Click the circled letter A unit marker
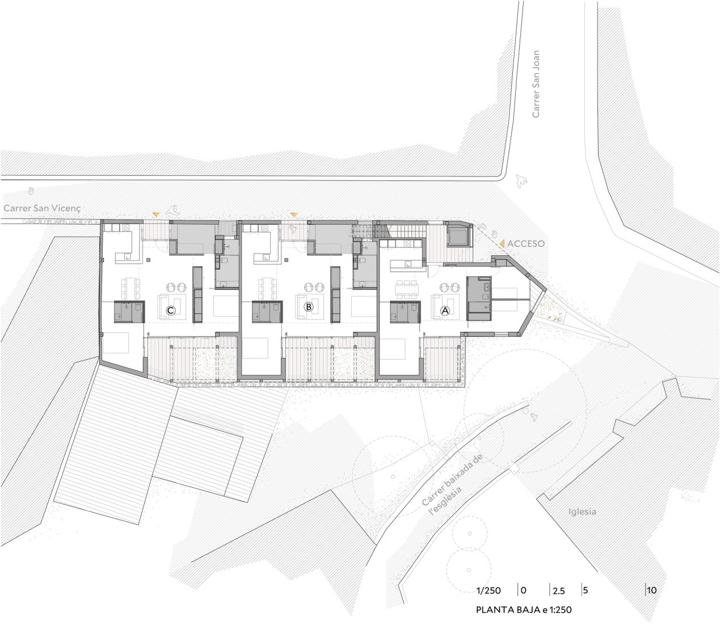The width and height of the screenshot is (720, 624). pyautogui.click(x=445, y=310)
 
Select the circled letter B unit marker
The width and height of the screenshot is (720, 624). pyautogui.click(x=308, y=307)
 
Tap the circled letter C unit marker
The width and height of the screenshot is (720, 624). pyautogui.click(x=170, y=310)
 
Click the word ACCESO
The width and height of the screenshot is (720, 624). pyautogui.click(x=525, y=243)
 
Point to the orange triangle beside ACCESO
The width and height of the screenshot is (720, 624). pyautogui.click(x=502, y=244)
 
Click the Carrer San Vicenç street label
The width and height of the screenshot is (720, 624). pyautogui.click(x=42, y=208)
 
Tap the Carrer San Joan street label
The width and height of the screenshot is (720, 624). pyautogui.click(x=536, y=84)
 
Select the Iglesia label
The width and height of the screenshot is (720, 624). pyautogui.click(x=582, y=512)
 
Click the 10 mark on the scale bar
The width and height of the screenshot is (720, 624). pyautogui.click(x=652, y=591)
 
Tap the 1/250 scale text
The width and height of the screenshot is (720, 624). pyautogui.click(x=489, y=591)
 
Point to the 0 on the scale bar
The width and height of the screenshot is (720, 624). pyautogui.click(x=524, y=591)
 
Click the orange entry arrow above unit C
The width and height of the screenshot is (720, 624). pyautogui.click(x=157, y=214)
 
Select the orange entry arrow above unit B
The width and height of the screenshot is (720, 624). pyautogui.click(x=294, y=214)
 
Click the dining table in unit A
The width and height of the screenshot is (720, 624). pyautogui.click(x=407, y=289)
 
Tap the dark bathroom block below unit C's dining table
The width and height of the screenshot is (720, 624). pyautogui.click(x=129, y=311)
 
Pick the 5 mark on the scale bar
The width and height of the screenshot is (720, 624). pyautogui.click(x=585, y=591)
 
